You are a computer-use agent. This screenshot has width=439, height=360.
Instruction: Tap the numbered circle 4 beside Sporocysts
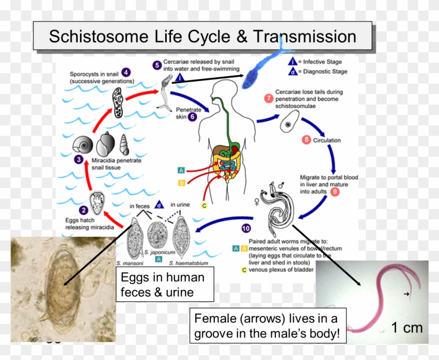click(127, 73)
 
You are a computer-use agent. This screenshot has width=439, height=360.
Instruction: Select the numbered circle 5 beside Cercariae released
click(157, 65)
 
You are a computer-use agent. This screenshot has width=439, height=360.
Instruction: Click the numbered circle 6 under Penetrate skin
click(192, 118)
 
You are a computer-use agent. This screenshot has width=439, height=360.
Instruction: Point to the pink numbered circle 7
click(269, 98)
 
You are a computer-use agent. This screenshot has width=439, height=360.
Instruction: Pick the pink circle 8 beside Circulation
click(306, 140)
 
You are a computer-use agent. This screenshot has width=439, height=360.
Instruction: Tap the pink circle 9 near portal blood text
click(335, 192)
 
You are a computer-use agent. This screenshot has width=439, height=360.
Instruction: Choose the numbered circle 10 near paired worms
click(246, 228)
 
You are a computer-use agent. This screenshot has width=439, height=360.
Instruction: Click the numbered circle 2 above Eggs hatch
click(83, 210)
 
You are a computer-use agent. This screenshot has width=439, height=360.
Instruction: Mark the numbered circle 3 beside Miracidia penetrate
click(78, 160)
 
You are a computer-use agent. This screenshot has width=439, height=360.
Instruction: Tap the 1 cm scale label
click(406, 328)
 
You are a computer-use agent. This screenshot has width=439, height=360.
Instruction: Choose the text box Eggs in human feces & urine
click(165, 285)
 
